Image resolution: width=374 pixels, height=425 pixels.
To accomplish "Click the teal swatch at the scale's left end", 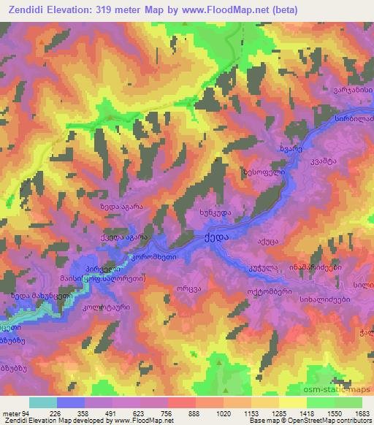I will point(42,402).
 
